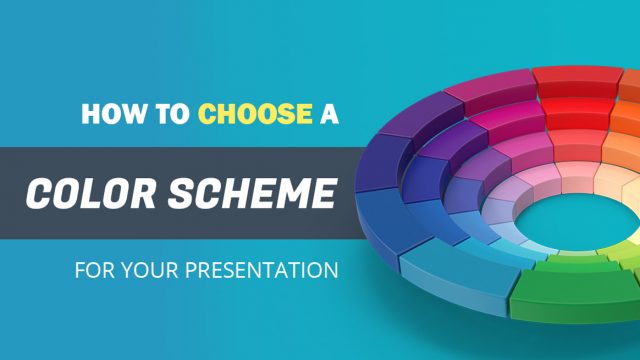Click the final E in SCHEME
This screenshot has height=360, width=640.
322,191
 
